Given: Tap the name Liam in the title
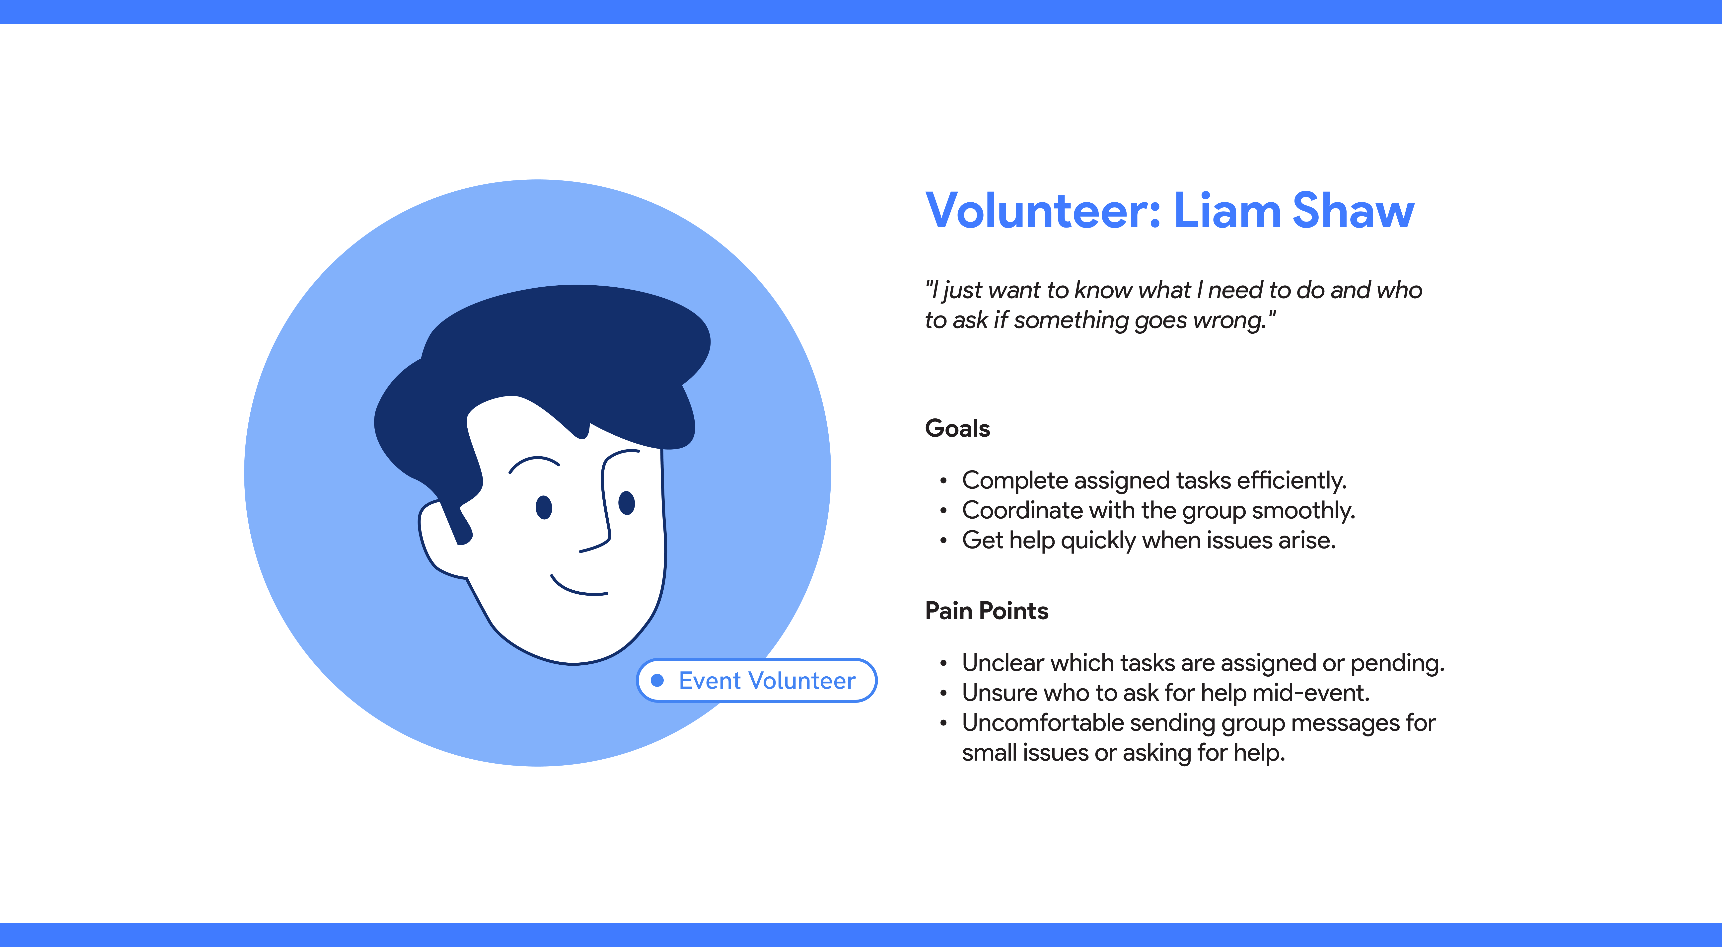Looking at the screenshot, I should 1227,211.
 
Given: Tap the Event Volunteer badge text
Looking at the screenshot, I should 767,681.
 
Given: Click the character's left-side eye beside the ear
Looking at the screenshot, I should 544,507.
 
